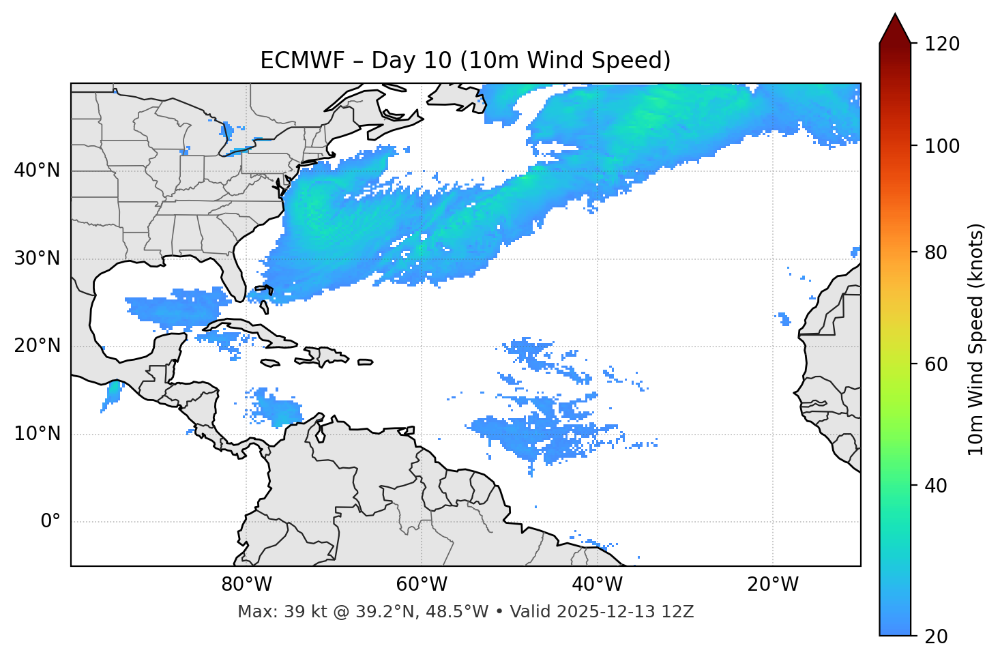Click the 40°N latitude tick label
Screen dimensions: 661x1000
[37, 171]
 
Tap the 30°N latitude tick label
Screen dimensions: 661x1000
[37, 259]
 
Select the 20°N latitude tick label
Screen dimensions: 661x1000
[37, 346]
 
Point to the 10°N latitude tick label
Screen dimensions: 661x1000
[37, 434]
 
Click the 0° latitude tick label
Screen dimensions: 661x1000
[50, 522]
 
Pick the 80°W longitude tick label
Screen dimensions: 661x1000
[246, 585]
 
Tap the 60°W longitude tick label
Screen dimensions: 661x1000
[422, 585]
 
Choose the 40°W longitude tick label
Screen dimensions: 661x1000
[597, 585]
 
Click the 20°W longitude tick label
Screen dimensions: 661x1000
[773, 585]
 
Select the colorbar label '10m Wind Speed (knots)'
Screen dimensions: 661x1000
[976, 339]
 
